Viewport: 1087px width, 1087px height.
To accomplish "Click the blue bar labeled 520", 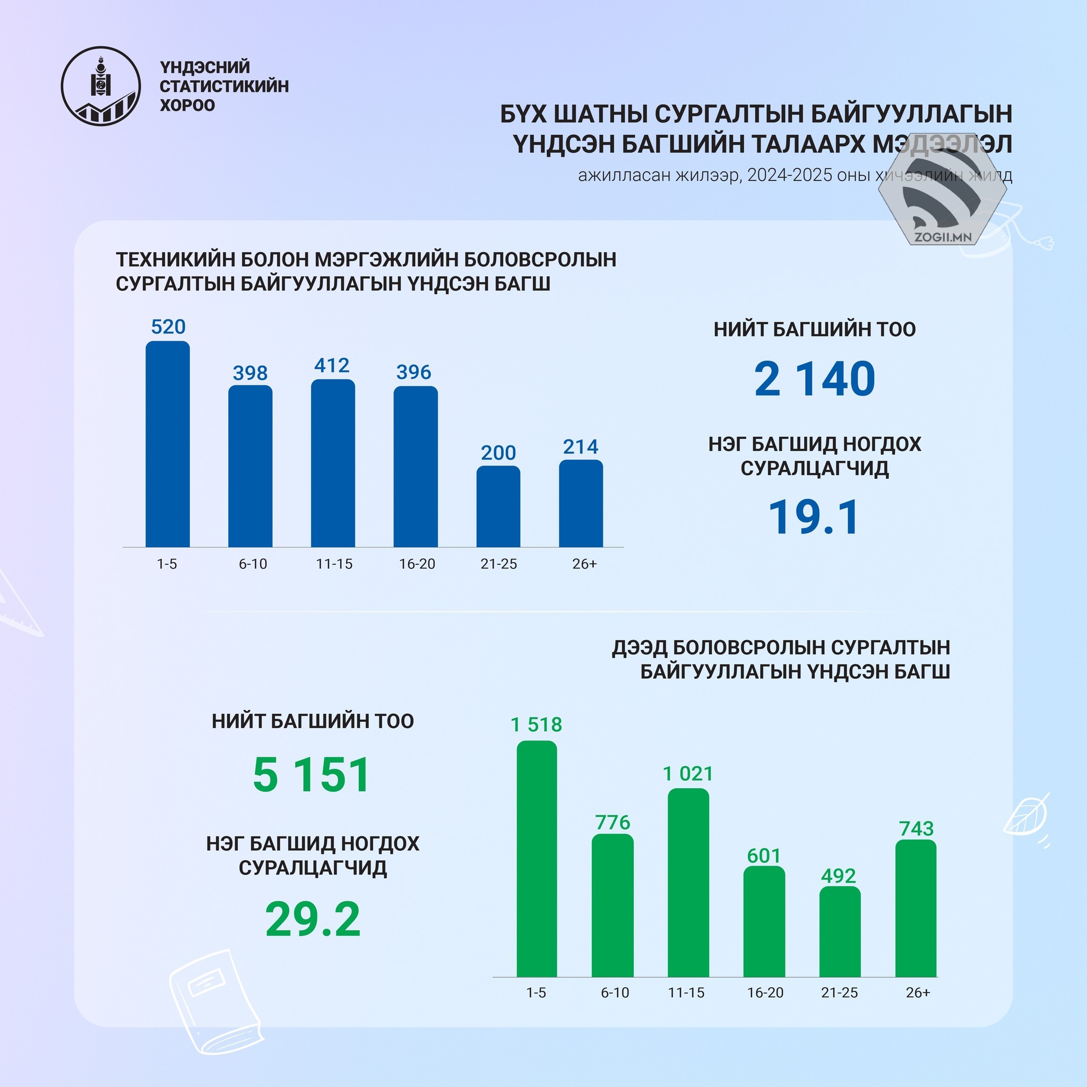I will [168, 444].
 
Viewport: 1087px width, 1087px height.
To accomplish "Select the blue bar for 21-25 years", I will [498, 506].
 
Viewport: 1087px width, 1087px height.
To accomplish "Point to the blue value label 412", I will [332, 366].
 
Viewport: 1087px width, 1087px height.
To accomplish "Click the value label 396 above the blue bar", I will [413, 373].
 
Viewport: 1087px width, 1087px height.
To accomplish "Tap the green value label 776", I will [612, 823].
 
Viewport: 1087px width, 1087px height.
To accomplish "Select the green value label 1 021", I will [687, 774].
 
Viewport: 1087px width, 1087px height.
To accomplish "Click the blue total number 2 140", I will [814, 379].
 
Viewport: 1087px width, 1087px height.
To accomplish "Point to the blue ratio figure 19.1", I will [814, 517].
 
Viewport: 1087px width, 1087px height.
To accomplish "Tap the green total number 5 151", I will [312, 775].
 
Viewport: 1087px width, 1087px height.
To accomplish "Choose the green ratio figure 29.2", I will [313, 920].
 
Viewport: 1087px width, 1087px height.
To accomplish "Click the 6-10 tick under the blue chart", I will [253, 564].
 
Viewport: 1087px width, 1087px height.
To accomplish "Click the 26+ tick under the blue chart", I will [584, 564].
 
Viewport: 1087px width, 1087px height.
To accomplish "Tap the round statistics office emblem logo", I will [101, 86].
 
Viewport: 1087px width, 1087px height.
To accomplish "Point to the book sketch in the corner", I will [217, 1003].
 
